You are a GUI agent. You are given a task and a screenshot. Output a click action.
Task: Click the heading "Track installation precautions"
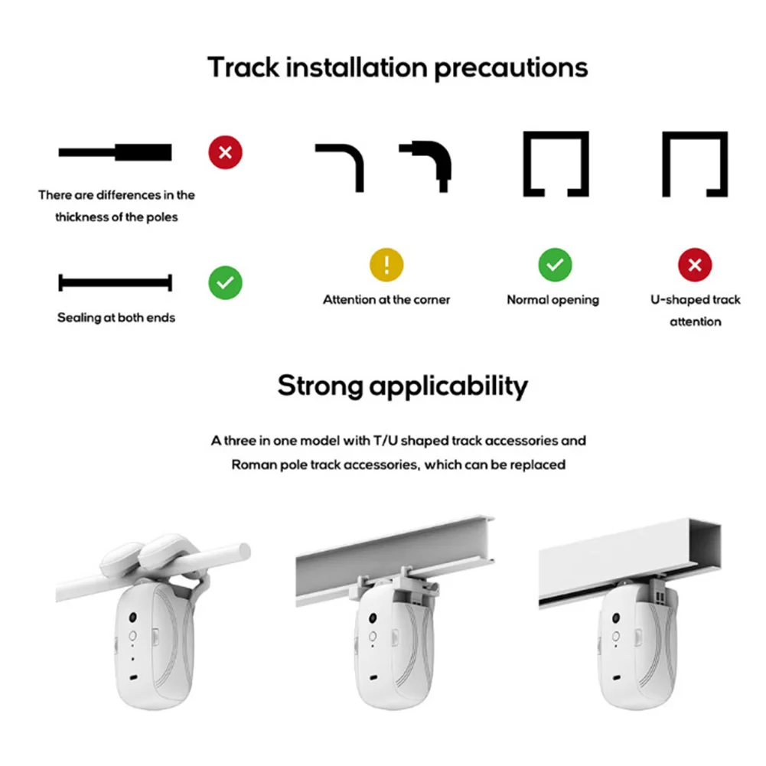click(398, 67)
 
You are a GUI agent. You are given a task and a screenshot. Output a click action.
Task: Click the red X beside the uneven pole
click(225, 152)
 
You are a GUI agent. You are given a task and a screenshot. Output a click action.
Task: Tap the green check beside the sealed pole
click(225, 283)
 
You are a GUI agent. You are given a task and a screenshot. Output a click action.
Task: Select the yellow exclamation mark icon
click(386, 266)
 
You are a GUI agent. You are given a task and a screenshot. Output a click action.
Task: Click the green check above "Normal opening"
click(555, 266)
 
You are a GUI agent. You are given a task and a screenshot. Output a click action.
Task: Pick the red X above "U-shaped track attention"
click(695, 266)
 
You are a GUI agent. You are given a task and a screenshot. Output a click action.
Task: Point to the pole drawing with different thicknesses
click(115, 152)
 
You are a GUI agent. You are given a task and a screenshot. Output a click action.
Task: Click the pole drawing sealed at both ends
click(115, 283)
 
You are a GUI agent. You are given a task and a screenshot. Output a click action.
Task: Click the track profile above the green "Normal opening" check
click(556, 163)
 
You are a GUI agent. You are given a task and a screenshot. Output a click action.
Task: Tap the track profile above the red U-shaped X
click(695, 163)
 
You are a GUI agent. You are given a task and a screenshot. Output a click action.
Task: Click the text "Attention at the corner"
click(386, 299)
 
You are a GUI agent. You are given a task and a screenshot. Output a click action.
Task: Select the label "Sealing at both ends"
click(116, 318)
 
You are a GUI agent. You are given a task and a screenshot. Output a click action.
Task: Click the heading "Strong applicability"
click(403, 385)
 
